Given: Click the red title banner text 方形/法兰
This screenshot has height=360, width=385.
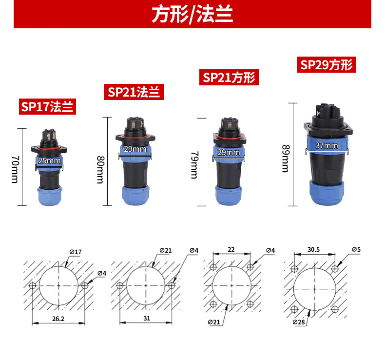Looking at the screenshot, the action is (192, 14).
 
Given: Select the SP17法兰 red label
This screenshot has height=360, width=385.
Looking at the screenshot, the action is (47, 107).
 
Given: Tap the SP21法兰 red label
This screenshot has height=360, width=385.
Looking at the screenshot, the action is (134, 92).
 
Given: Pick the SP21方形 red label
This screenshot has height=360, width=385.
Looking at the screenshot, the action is (229, 78).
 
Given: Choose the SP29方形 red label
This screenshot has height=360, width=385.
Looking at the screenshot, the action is (327, 64).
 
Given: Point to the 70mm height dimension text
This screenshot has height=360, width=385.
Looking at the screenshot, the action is (15, 169).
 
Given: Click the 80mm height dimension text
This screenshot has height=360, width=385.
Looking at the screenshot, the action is (100, 170).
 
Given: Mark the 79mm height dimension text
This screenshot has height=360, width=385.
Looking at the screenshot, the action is (194, 165).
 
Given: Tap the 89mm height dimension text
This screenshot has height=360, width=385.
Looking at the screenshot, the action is (286, 159).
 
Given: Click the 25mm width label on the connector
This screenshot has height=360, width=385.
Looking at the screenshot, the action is (49, 160).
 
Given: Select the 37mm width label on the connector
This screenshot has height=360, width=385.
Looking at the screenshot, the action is (327, 145).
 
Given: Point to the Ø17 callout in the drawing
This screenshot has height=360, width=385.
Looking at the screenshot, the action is (76, 252).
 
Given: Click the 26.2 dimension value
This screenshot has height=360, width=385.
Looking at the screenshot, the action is (58, 319).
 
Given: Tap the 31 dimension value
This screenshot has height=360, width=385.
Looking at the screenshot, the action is (147, 318).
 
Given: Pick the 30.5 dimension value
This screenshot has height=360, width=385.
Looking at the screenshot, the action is (313, 250).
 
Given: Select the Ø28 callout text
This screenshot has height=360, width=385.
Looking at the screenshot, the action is (299, 322).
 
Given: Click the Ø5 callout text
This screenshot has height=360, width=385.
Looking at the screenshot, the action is (356, 250).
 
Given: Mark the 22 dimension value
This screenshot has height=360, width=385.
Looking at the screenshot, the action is (231, 250).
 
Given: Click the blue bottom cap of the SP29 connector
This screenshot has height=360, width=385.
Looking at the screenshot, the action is (327, 193).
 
